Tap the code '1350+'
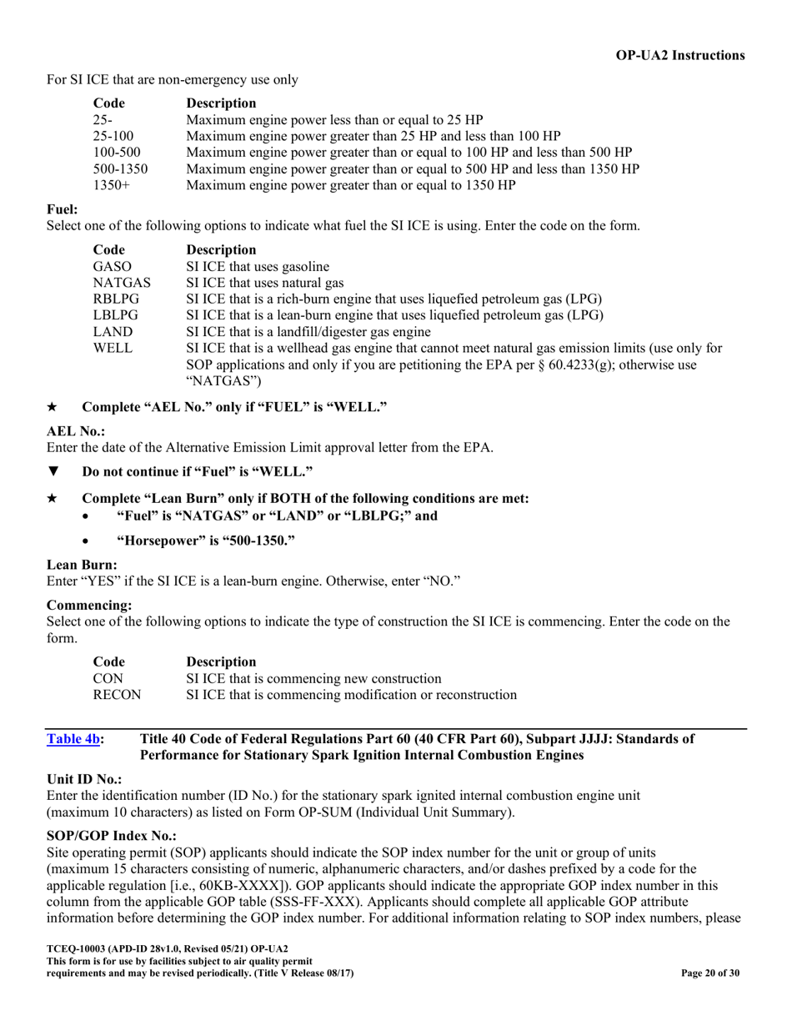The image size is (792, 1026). coord(110,185)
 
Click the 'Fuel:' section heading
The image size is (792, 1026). coord(63,209)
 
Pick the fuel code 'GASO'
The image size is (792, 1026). coord(113,266)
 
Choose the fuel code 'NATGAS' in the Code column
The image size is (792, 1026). coord(122,283)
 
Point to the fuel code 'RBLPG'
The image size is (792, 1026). coord(116,299)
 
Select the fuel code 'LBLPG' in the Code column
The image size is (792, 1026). coord(116,315)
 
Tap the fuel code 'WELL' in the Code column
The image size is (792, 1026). coord(113,348)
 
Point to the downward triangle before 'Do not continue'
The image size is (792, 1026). coord(53,472)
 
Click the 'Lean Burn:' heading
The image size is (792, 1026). coord(82,565)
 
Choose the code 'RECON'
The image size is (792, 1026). coord(117,695)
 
